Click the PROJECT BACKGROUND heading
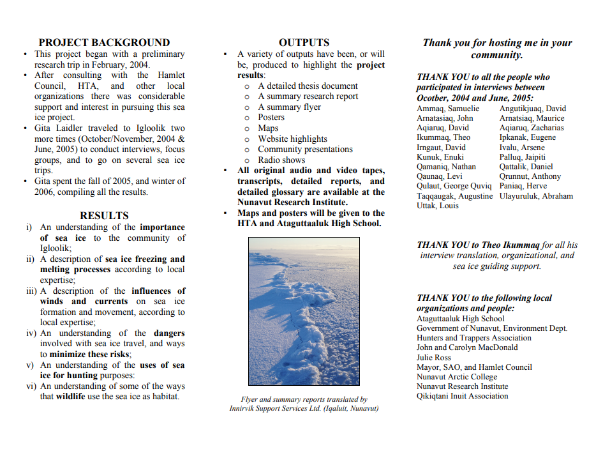coord(104,43)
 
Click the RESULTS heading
coord(104,215)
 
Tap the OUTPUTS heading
coord(304,43)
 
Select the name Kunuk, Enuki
coord(440,157)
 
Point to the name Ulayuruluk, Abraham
coord(536,196)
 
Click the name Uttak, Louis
coord(438,206)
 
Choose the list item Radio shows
coord(281,160)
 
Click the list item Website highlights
coord(292,139)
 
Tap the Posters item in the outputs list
coord(271,118)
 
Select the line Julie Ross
coord(434,358)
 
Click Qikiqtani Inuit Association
coord(463,396)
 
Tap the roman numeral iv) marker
coord(31,333)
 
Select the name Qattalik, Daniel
coord(526,167)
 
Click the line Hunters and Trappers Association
coord(474,338)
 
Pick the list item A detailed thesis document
coord(308,86)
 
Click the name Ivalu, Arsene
coord(522,148)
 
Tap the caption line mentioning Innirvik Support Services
coord(304,409)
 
